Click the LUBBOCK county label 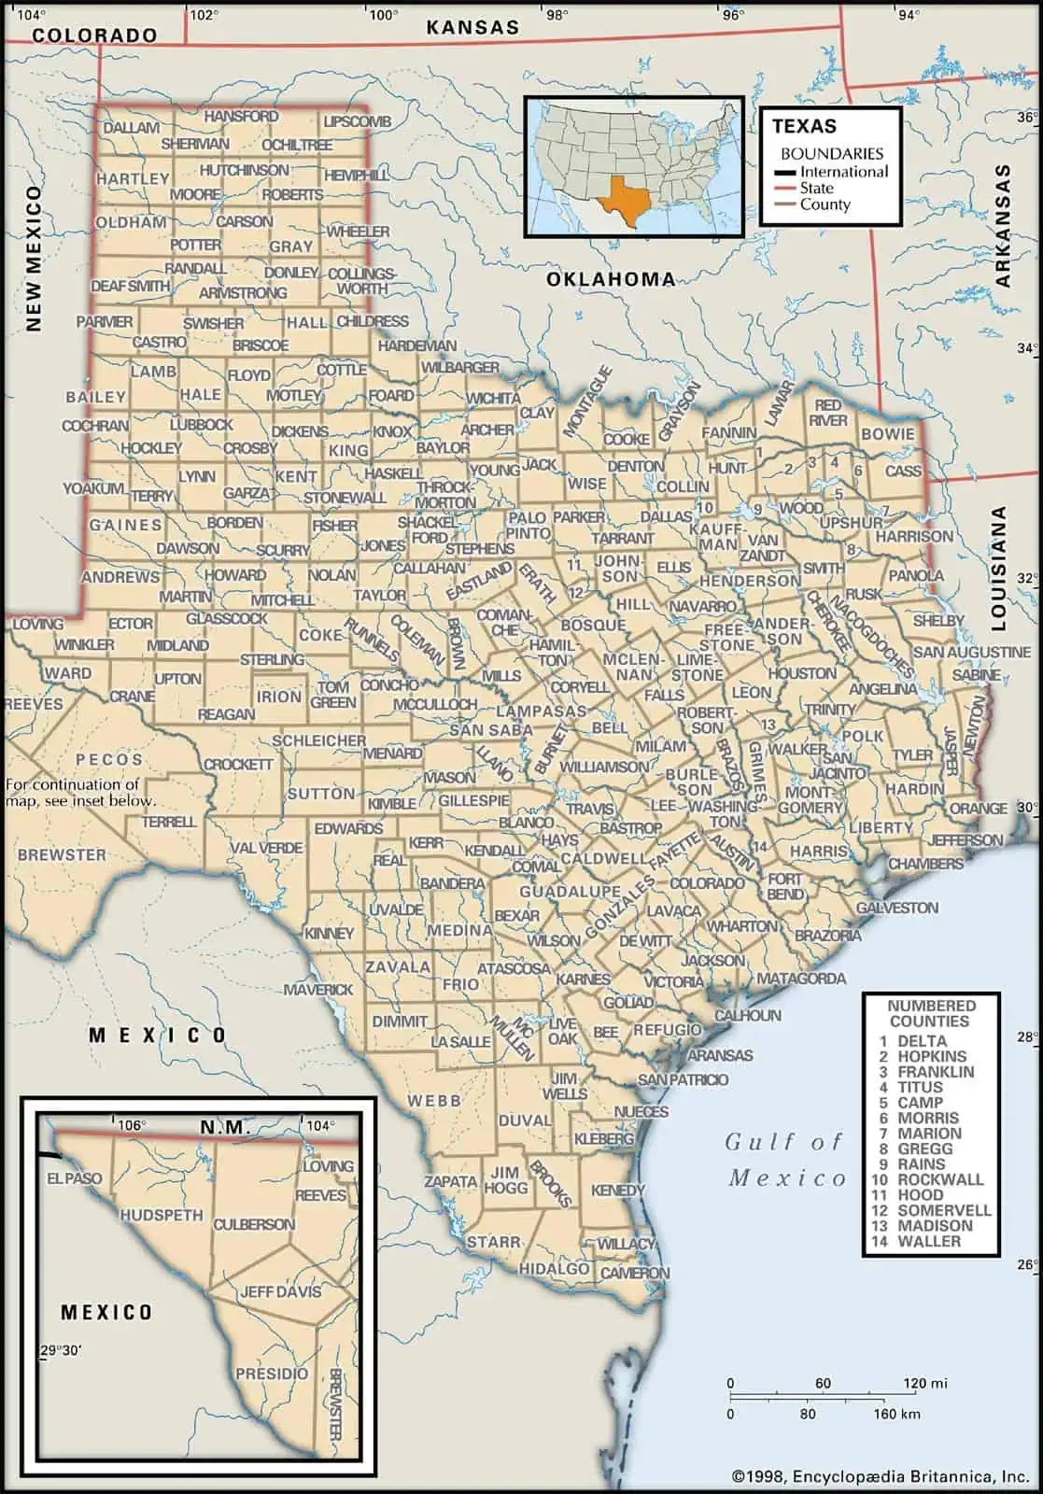[x=202, y=424]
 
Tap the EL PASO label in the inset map [x=75, y=1178]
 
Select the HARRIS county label [x=818, y=852]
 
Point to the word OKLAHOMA [x=611, y=278]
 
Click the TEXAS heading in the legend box [x=804, y=126]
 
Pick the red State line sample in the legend [x=785, y=189]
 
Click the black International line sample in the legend [x=785, y=172]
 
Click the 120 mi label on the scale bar [x=925, y=1383]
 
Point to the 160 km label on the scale [x=896, y=1414]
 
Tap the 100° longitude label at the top [x=382, y=15]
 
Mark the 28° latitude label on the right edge [x=1026, y=1036]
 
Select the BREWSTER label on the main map [x=62, y=854]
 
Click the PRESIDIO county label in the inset [x=272, y=1374]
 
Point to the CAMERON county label [x=635, y=1273]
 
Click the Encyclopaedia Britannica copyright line [x=881, y=1476]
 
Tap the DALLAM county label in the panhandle [x=131, y=128]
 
